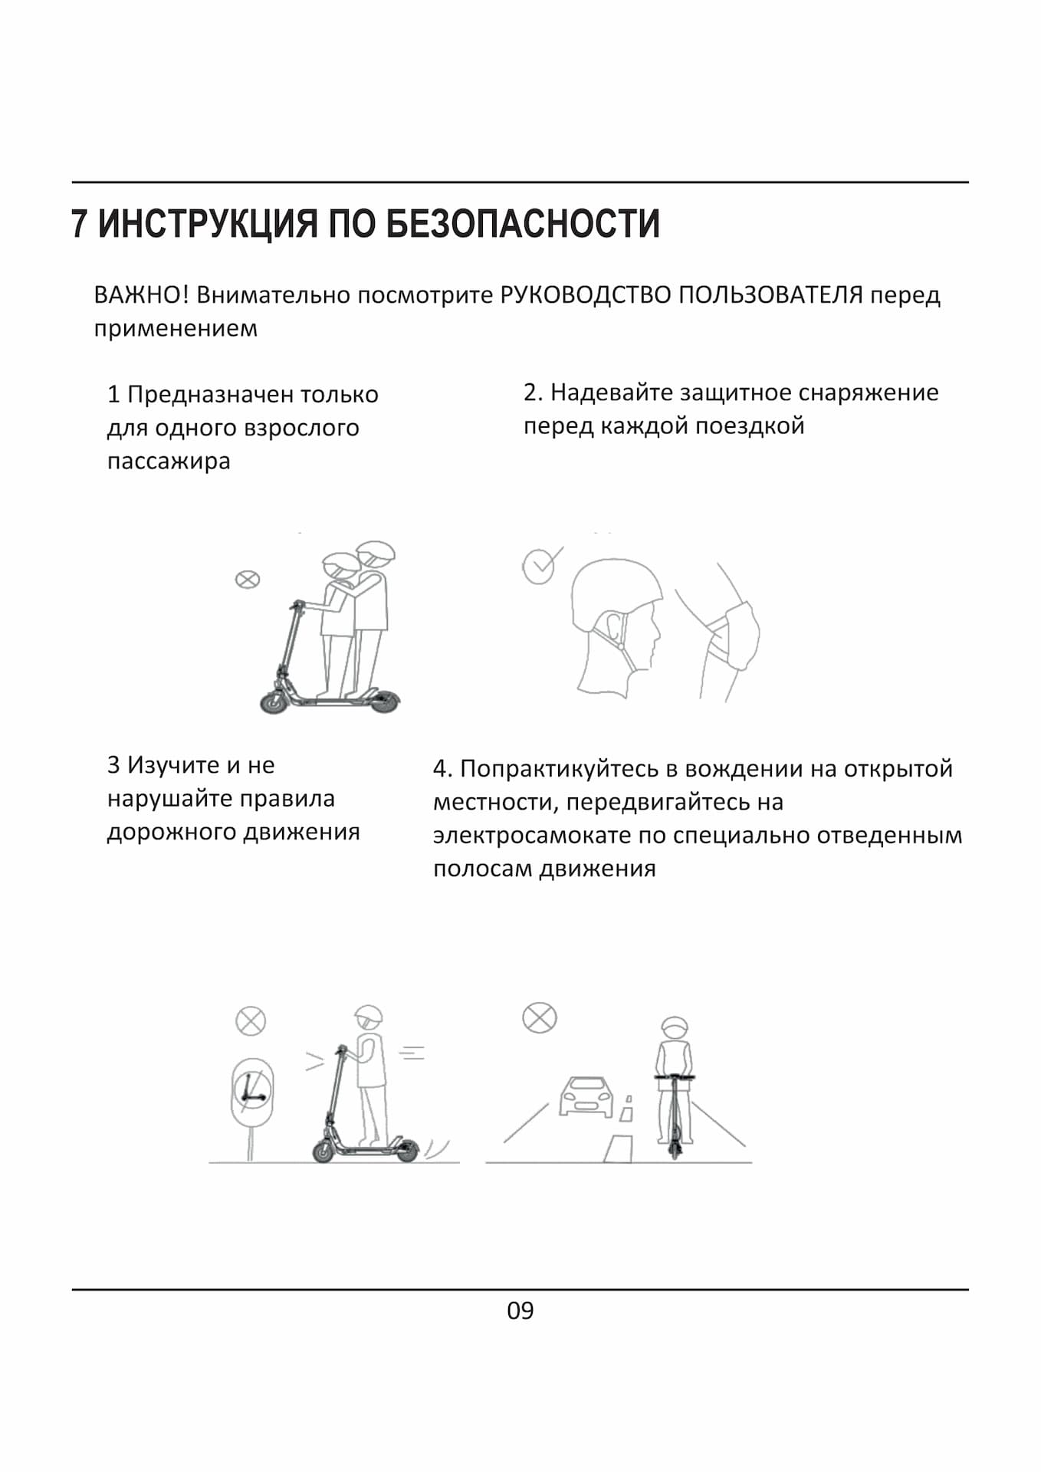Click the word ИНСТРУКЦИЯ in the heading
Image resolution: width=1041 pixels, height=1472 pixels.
[x=207, y=224]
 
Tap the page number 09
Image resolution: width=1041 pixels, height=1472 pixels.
[x=520, y=1310]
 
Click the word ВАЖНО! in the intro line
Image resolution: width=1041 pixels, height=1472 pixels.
[x=141, y=294]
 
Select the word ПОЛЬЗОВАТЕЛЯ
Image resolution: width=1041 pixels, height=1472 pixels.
[x=770, y=294]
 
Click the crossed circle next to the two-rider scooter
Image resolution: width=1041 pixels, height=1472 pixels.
[x=247, y=580]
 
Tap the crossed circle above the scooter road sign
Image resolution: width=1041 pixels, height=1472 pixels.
[x=251, y=1021]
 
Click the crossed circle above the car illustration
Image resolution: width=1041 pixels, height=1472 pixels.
[x=540, y=1018]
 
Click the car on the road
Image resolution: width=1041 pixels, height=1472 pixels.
[x=586, y=1097]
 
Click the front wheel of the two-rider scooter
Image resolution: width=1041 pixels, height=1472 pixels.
[x=274, y=701]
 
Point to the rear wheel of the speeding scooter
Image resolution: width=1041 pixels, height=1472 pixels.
[x=406, y=1150]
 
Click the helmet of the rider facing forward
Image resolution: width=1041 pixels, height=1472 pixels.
[x=675, y=1027]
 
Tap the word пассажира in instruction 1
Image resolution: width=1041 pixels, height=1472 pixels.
[x=169, y=462]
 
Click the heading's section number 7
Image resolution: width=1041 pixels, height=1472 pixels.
[x=79, y=224]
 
